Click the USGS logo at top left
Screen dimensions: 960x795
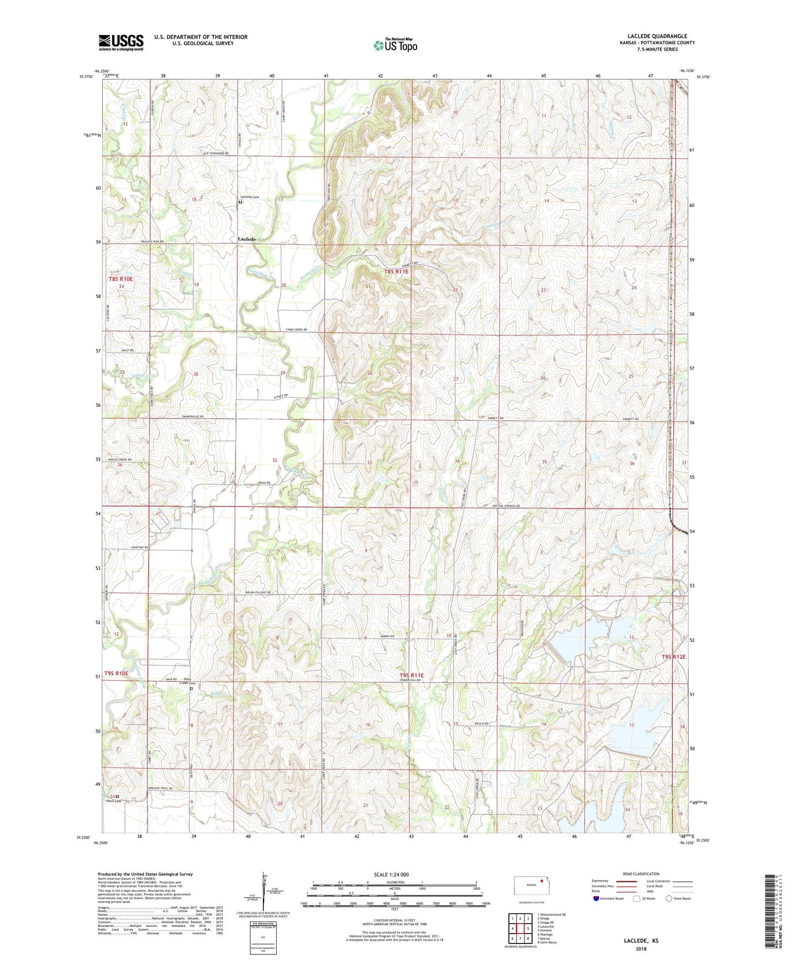coord(121,42)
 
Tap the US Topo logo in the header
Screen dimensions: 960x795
coord(395,45)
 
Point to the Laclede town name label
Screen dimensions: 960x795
coord(247,240)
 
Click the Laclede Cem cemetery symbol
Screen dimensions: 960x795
coord(240,202)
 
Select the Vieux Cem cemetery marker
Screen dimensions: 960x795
coord(117,796)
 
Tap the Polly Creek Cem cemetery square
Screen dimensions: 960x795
coord(191,688)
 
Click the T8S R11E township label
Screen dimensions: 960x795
coord(397,272)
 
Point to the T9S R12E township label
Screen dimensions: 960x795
coord(673,657)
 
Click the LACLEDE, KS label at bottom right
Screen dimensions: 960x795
coord(640,941)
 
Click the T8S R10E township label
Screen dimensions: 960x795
coord(120,279)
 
